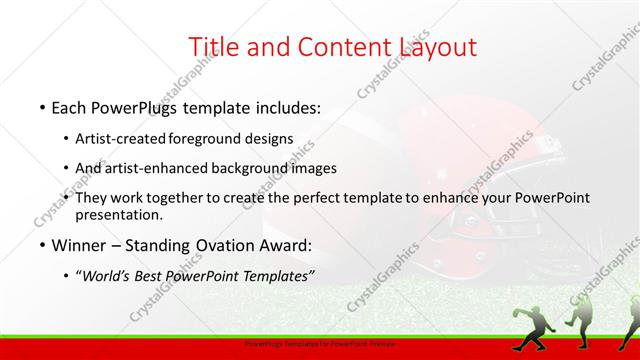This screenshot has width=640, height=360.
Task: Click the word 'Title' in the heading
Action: (x=213, y=47)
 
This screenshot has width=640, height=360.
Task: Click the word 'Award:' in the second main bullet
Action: (x=290, y=245)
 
